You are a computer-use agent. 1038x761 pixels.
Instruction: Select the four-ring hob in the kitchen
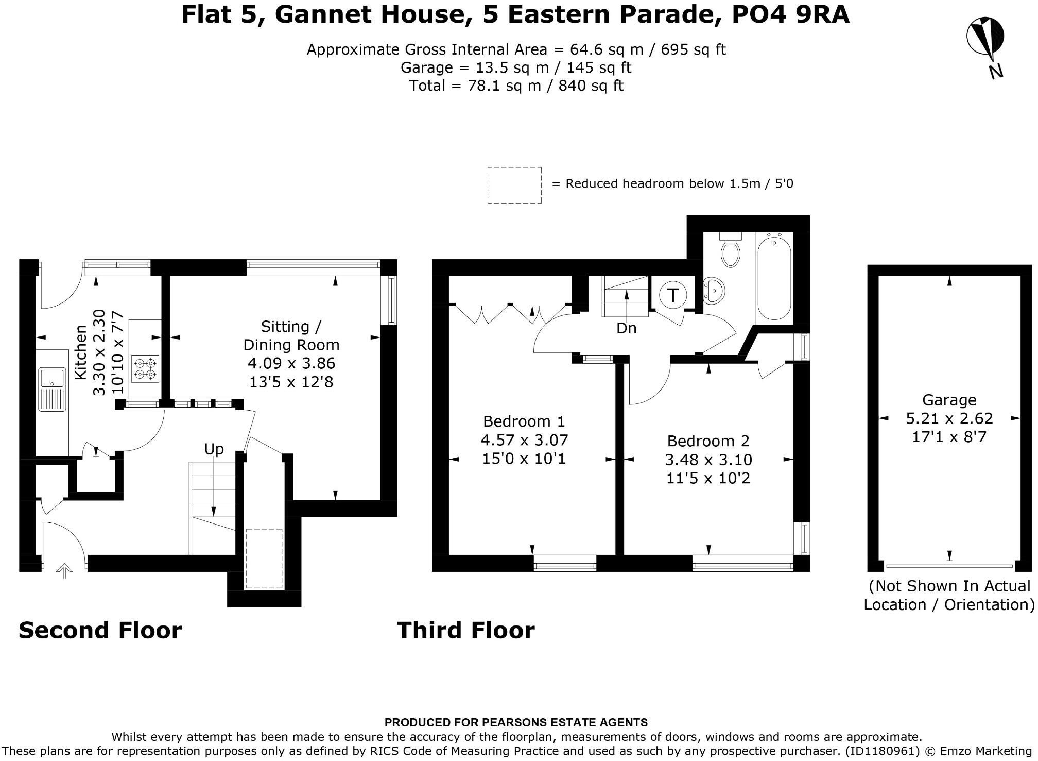coord(145,369)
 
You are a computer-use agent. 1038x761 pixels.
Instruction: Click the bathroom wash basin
coord(714,290)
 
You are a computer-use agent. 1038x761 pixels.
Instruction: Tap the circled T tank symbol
coord(673,296)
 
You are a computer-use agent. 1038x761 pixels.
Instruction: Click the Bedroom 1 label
coord(524,421)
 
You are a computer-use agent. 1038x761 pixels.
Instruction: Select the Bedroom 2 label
coord(708,441)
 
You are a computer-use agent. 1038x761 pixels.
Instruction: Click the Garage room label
coord(948,400)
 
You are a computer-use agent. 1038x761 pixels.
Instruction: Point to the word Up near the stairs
coord(214,449)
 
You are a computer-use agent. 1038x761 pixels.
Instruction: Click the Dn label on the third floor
coord(626,328)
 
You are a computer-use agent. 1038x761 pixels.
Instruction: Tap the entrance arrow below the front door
coord(64,571)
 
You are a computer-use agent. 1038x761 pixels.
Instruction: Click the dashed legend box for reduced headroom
coord(514,185)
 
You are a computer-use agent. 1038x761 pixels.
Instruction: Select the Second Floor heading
coord(100,630)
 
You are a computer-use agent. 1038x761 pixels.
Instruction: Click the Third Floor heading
coord(465,630)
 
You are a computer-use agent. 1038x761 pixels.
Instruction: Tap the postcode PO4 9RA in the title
coord(790,15)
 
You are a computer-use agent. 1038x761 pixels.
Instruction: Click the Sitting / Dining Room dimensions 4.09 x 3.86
coord(291,363)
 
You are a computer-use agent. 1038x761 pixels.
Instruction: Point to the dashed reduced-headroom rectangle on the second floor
coord(264,559)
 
